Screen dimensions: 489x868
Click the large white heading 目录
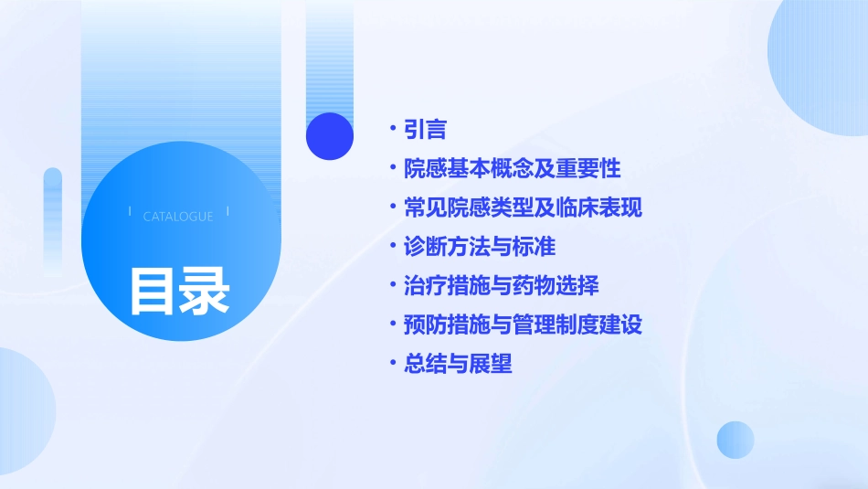[x=179, y=291]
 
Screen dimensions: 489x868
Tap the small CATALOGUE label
[x=178, y=217]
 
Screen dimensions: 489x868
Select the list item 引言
[x=425, y=130]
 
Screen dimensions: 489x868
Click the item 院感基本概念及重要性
[x=513, y=169]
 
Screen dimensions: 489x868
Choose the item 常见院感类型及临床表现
[x=523, y=207]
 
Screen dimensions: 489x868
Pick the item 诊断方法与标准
[x=480, y=247]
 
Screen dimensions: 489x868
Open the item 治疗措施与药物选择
[x=502, y=285]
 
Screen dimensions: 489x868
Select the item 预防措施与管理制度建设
[x=523, y=324]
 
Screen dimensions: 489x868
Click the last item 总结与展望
[x=458, y=364]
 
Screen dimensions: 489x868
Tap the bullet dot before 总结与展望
[x=392, y=364]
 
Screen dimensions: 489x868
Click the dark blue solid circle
[x=330, y=136]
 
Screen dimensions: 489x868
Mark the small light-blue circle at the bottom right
[x=736, y=440]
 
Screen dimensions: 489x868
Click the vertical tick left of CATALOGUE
[x=130, y=212]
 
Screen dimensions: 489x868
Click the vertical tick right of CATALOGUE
[x=228, y=212]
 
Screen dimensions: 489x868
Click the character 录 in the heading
[x=205, y=291]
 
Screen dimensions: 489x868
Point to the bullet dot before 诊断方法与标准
[x=392, y=247]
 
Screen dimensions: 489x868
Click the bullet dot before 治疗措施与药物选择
[x=392, y=285]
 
